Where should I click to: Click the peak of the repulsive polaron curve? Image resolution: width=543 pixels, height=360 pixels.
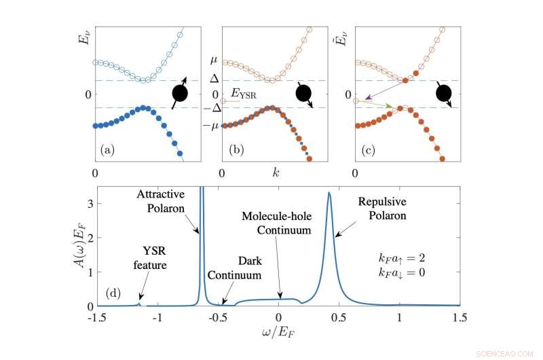pos(329,193)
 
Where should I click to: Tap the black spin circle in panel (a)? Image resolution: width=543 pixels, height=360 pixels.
pos(181,93)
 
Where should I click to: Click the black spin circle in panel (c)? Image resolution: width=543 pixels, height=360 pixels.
pos(442,92)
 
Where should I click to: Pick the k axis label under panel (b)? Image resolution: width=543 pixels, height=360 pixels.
pos(275,173)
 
